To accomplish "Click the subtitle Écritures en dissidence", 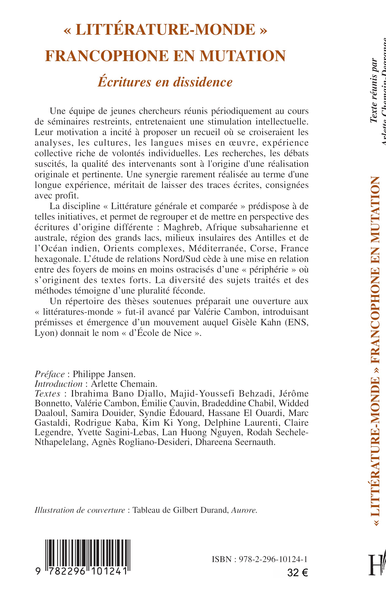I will (165, 82).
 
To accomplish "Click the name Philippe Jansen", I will (104, 374).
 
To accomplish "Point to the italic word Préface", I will (50, 374).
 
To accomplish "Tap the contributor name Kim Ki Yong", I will (170, 423).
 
